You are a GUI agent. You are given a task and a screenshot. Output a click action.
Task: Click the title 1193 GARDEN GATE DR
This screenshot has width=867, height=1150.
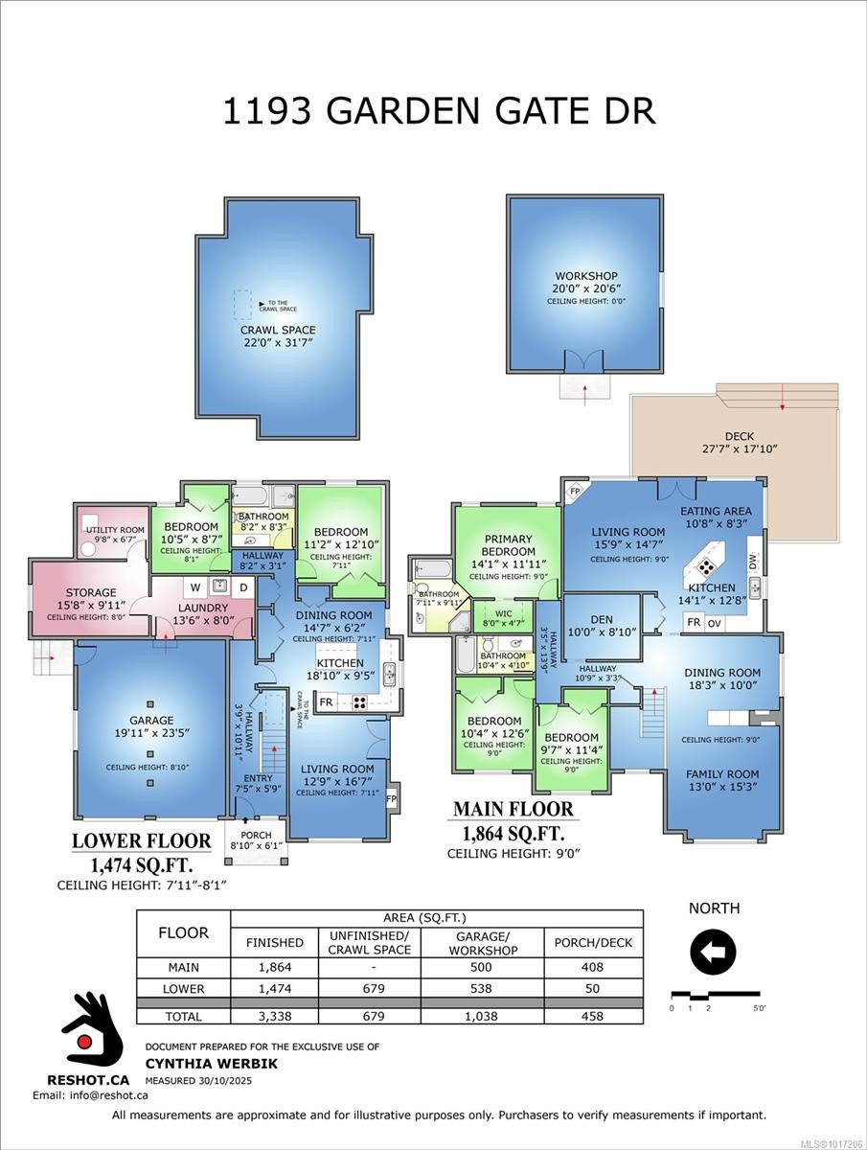point(439,110)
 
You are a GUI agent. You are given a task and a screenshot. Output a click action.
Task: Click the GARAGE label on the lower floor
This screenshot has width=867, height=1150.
point(151,720)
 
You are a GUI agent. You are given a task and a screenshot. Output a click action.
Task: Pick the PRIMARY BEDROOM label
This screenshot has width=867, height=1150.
point(509,545)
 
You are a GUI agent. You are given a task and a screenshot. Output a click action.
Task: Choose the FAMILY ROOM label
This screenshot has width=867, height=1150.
point(722,773)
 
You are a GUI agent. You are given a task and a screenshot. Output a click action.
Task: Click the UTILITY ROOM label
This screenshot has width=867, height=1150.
point(115,530)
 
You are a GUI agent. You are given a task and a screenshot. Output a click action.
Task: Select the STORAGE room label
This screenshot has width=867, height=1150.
point(91,592)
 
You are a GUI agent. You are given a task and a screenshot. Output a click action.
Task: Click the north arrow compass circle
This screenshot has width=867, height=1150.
point(714,952)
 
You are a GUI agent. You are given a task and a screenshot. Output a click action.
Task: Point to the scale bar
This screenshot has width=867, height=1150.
point(715,994)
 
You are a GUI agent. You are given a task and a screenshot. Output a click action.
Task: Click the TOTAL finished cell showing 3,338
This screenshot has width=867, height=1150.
point(274,1016)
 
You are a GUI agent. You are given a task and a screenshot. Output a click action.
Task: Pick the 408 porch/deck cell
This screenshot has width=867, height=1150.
point(593,968)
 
